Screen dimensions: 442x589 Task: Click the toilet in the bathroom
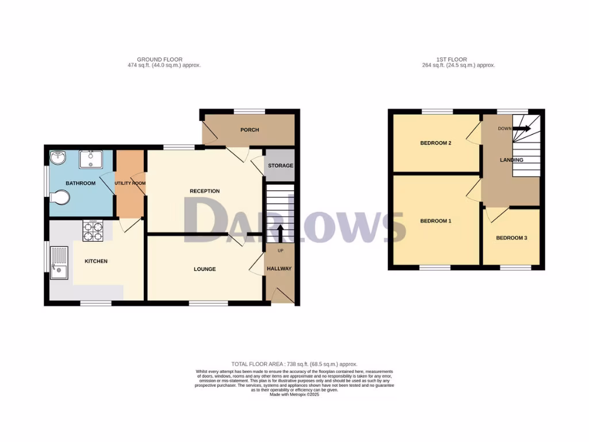pos(61,198)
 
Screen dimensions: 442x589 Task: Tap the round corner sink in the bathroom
pos(58,158)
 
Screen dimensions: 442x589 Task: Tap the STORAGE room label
pos(280,166)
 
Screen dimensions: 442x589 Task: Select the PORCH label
pos(250,130)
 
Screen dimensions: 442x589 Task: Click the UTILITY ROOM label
pos(130,184)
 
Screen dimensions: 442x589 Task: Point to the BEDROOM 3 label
pos(511,238)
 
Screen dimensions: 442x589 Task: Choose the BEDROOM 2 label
pos(435,143)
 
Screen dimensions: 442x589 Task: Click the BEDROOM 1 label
pos(435,221)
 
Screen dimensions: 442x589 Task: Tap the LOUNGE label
pos(205,269)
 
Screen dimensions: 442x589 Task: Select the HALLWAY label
pos(279,269)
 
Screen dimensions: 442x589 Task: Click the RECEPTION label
pos(205,191)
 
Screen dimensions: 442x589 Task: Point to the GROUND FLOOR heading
pos(160,59)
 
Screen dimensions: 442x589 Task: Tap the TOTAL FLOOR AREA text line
pos(294,364)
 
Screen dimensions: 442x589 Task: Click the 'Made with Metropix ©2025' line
pos(294,395)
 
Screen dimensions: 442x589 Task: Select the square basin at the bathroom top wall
pos(91,159)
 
